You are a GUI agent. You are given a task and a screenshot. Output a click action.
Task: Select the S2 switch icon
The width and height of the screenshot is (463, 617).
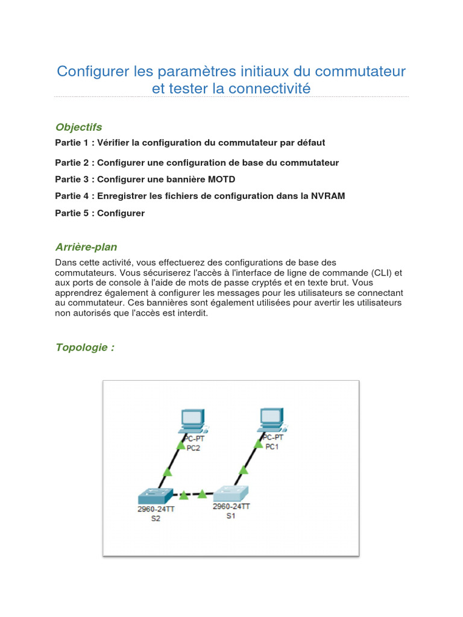155,495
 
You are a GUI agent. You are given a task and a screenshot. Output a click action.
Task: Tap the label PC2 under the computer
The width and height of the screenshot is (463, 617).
193,448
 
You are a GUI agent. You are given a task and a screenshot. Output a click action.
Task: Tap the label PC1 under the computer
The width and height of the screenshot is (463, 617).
271,446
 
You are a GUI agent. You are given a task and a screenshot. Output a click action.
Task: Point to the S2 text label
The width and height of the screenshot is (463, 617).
156,519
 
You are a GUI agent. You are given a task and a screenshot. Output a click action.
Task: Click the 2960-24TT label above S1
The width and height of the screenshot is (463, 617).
231,507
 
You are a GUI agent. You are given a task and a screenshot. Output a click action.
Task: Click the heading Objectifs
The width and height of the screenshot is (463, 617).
78,127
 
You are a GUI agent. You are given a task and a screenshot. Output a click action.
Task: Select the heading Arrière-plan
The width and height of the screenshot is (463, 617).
86,247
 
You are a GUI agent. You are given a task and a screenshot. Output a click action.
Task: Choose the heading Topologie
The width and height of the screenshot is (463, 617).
84,348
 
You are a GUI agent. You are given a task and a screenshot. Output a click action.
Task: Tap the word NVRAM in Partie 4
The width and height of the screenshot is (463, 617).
328,196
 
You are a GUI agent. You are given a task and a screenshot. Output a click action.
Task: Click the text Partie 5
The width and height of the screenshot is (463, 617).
72,213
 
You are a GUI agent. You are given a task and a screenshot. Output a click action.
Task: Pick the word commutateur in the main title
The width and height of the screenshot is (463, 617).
360,72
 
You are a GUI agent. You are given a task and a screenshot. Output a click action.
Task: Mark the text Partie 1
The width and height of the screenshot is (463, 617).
72,143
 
